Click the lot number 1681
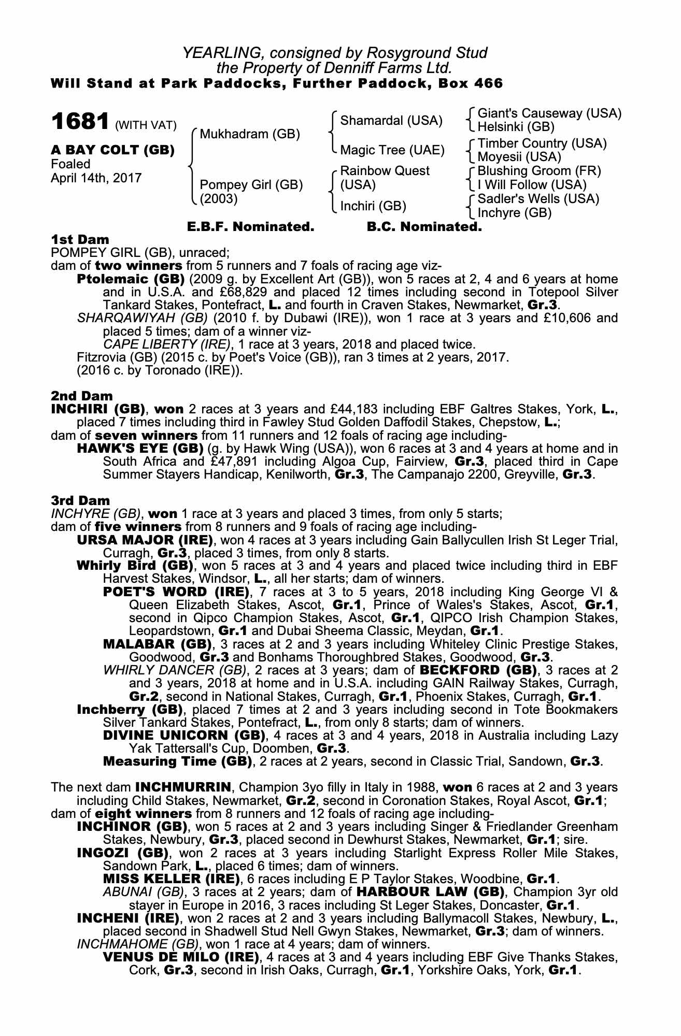(x=80, y=122)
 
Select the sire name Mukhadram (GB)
(x=250, y=134)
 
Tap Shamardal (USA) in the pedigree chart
(x=391, y=121)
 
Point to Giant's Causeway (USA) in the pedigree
(x=549, y=113)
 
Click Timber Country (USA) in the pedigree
(x=542, y=143)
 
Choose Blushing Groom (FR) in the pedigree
(x=539, y=171)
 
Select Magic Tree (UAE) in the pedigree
(x=392, y=150)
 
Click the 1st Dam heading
(x=80, y=239)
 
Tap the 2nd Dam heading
(x=81, y=396)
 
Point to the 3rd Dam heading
(x=80, y=500)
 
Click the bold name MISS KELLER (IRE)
(x=172, y=879)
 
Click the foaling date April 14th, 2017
(x=96, y=178)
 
